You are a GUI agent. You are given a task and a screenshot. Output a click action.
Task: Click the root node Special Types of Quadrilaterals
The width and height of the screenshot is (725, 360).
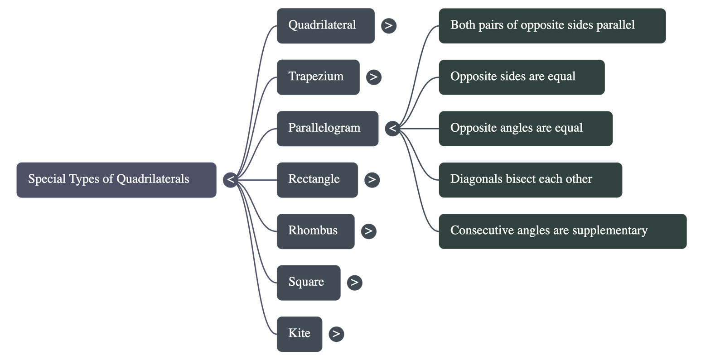click(x=116, y=179)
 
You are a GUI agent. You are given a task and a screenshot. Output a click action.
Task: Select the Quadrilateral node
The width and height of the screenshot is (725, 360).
click(x=325, y=25)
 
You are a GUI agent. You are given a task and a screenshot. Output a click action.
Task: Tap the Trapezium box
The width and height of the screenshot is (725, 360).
click(x=318, y=77)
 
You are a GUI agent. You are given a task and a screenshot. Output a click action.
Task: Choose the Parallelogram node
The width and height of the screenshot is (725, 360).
click(x=327, y=128)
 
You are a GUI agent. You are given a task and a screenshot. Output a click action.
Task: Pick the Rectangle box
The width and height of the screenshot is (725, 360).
click(x=317, y=179)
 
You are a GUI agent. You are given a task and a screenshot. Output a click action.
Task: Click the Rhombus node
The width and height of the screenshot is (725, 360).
click(x=315, y=231)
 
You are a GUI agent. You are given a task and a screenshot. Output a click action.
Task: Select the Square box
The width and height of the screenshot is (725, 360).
click(x=308, y=282)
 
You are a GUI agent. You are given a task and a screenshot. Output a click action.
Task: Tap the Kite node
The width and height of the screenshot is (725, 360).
click(x=300, y=334)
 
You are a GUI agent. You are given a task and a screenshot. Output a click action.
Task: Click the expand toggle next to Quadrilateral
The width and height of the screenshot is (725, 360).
click(x=388, y=25)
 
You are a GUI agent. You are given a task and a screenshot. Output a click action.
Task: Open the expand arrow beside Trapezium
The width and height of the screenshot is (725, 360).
click(x=373, y=77)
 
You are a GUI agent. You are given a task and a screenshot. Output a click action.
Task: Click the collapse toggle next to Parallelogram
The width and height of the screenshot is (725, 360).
click(x=392, y=129)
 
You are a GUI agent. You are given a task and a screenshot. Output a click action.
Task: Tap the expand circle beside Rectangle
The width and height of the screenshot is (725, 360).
click(x=372, y=180)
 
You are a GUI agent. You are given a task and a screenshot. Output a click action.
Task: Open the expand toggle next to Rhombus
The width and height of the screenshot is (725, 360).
click(x=368, y=231)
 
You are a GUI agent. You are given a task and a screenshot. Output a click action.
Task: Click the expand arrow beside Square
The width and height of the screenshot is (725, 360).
click(x=354, y=283)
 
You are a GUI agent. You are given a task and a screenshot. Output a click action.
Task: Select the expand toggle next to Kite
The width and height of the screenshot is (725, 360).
click(x=336, y=334)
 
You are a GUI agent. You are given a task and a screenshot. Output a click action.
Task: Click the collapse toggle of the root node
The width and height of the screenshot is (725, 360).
click(x=230, y=180)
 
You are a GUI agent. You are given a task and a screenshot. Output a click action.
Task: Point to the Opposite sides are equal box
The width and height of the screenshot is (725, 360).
click(x=521, y=77)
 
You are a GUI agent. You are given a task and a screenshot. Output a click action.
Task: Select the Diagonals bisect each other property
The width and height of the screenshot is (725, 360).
click(x=530, y=180)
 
